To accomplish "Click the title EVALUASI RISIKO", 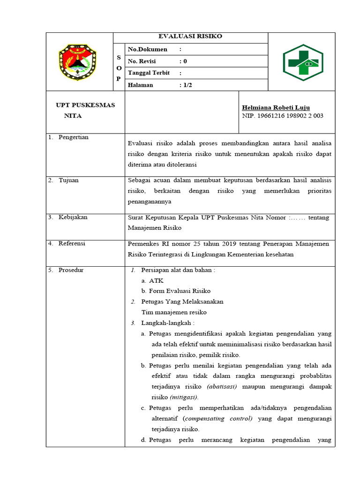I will [x=190, y=37].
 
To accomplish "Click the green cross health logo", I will [x=303, y=62].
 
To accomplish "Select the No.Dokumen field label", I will [x=147, y=49].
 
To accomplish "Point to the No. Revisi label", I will [x=142, y=61].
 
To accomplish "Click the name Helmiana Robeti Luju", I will [x=276, y=107].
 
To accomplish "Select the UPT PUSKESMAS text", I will [x=85, y=105].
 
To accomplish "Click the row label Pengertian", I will [x=73, y=137].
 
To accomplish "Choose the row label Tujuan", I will [x=68, y=180].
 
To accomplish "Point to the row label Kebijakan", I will [x=73, y=217].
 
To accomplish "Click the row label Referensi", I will [x=72, y=244].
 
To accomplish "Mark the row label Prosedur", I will [x=71, y=270].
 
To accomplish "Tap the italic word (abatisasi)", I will [x=222, y=386].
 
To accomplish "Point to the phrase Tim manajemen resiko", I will [x=174, y=312].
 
